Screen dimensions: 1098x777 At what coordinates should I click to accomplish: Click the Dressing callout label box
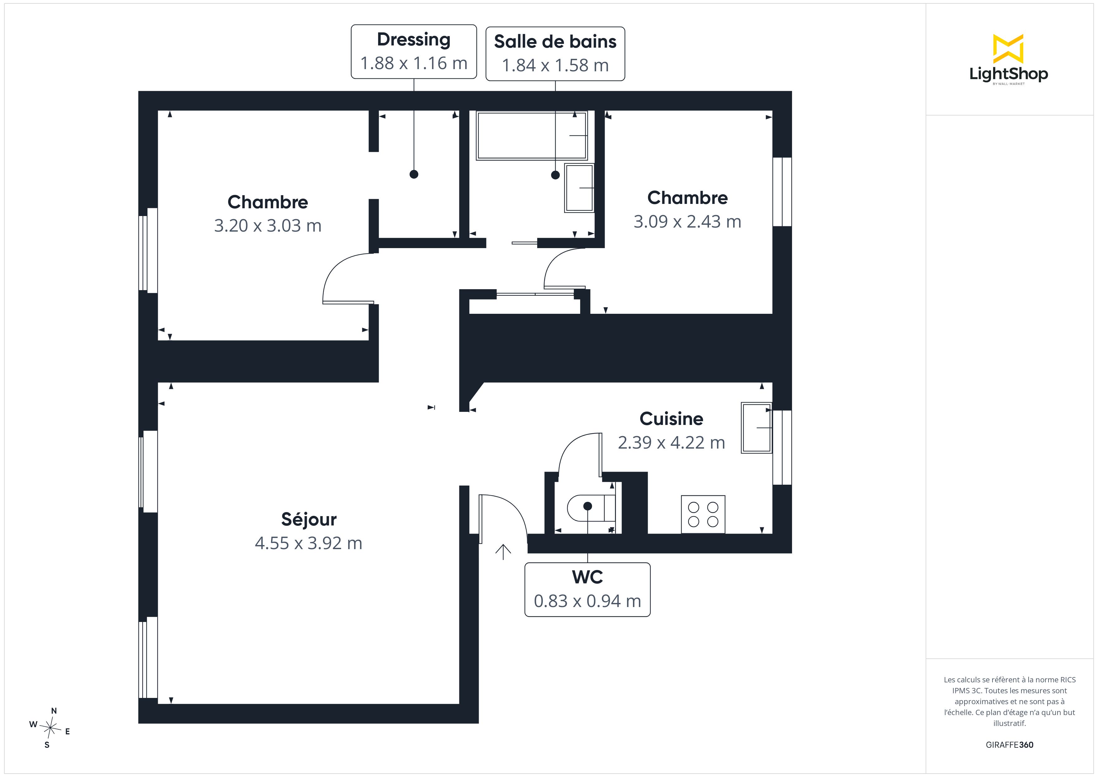click(414, 52)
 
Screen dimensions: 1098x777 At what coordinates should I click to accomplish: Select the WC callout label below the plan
click(587, 590)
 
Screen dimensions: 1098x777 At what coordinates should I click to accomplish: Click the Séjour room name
click(309, 519)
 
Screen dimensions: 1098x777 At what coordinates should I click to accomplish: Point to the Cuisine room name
click(671, 419)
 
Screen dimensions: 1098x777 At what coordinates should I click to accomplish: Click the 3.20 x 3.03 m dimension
click(268, 226)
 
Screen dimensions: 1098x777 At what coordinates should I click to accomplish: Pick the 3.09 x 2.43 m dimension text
click(687, 222)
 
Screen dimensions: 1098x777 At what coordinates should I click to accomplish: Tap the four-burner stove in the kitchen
click(703, 514)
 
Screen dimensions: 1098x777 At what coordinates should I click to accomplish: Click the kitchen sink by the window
click(757, 428)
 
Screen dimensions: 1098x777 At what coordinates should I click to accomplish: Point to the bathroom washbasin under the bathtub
click(579, 188)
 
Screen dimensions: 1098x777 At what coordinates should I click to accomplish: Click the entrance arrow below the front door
click(503, 552)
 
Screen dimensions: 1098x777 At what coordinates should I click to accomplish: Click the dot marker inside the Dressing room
click(414, 174)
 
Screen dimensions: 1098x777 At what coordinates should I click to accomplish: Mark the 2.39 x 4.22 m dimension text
click(671, 443)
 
